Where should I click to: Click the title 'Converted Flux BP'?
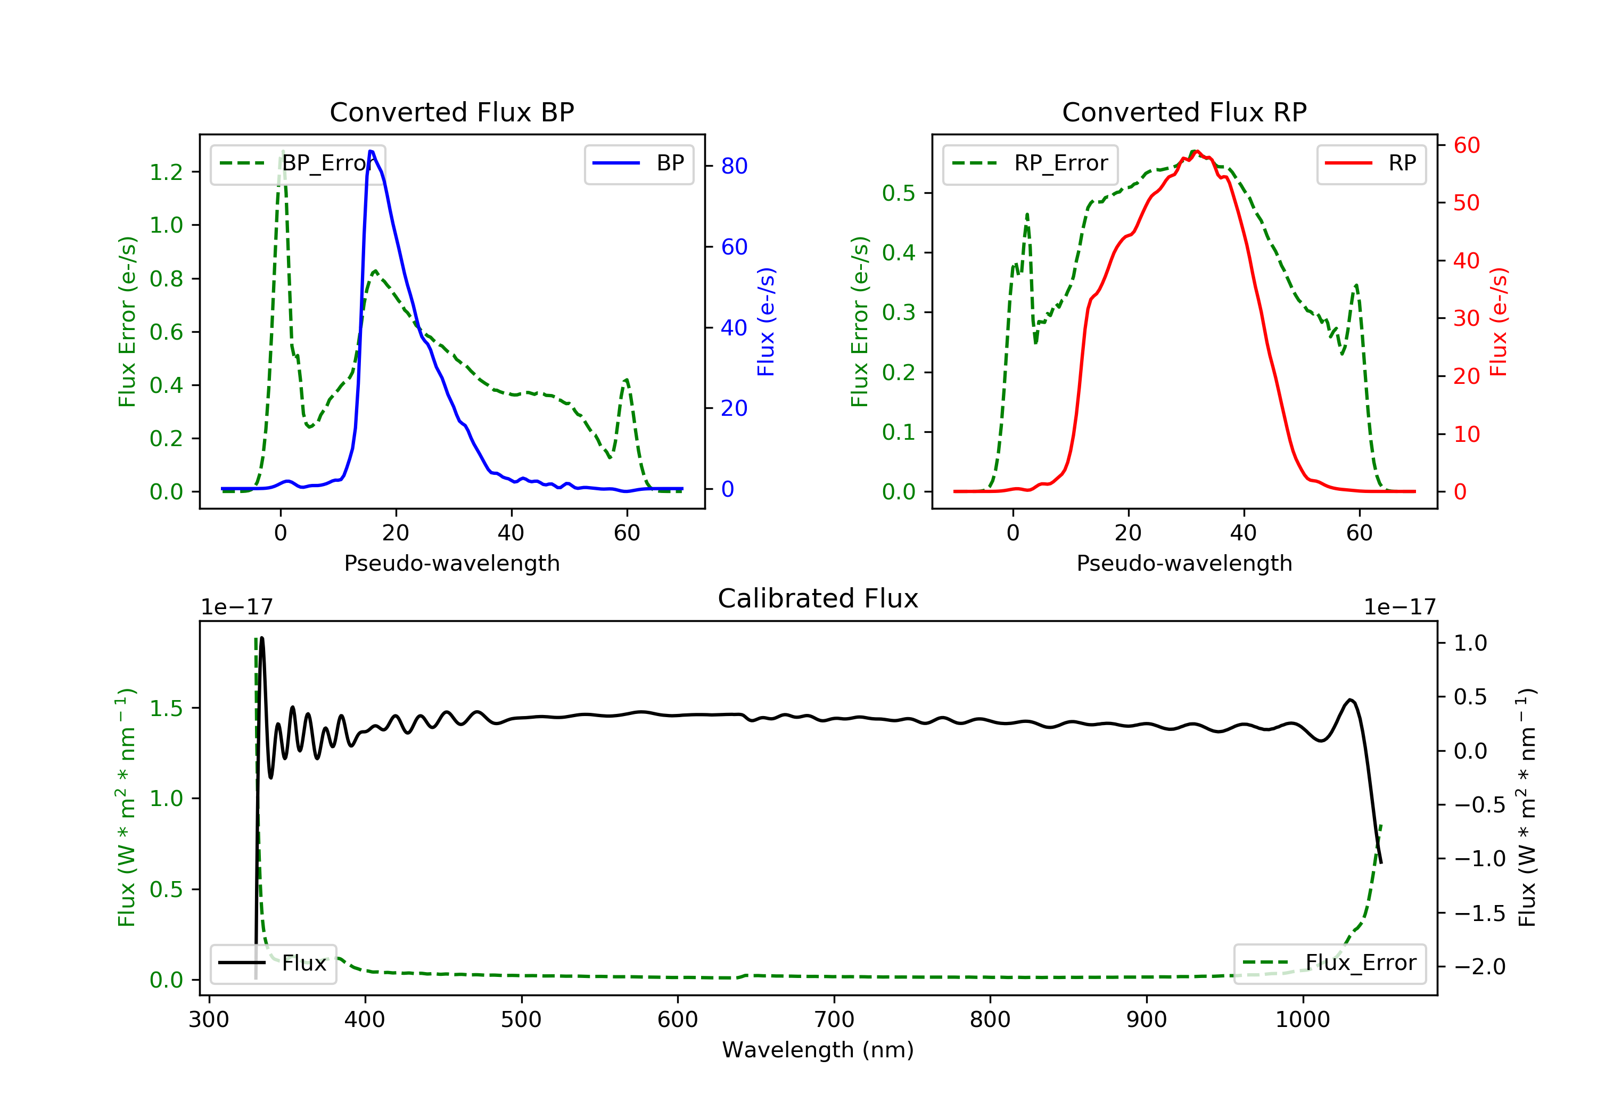click(x=451, y=112)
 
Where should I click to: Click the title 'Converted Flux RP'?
click(x=1184, y=112)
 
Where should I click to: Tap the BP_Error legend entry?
click(x=298, y=163)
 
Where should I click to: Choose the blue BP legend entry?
click(x=638, y=163)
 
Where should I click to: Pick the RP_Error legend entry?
click(x=1030, y=163)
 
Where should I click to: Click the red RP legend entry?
click(x=1371, y=163)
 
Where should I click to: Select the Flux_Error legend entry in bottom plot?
click(x=1329, y=963)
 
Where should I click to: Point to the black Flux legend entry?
click(x=273, y=963)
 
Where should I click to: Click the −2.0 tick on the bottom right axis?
click(x=1479, y=967)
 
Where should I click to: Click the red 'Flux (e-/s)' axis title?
click(x=1498, y=322)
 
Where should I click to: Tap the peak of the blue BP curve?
click(x=372, y=151)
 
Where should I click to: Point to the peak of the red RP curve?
click(x=1196, y=152)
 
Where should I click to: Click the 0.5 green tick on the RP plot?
click(x=899, y=193)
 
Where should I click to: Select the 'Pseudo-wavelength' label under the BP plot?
click(x=451, y=563)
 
